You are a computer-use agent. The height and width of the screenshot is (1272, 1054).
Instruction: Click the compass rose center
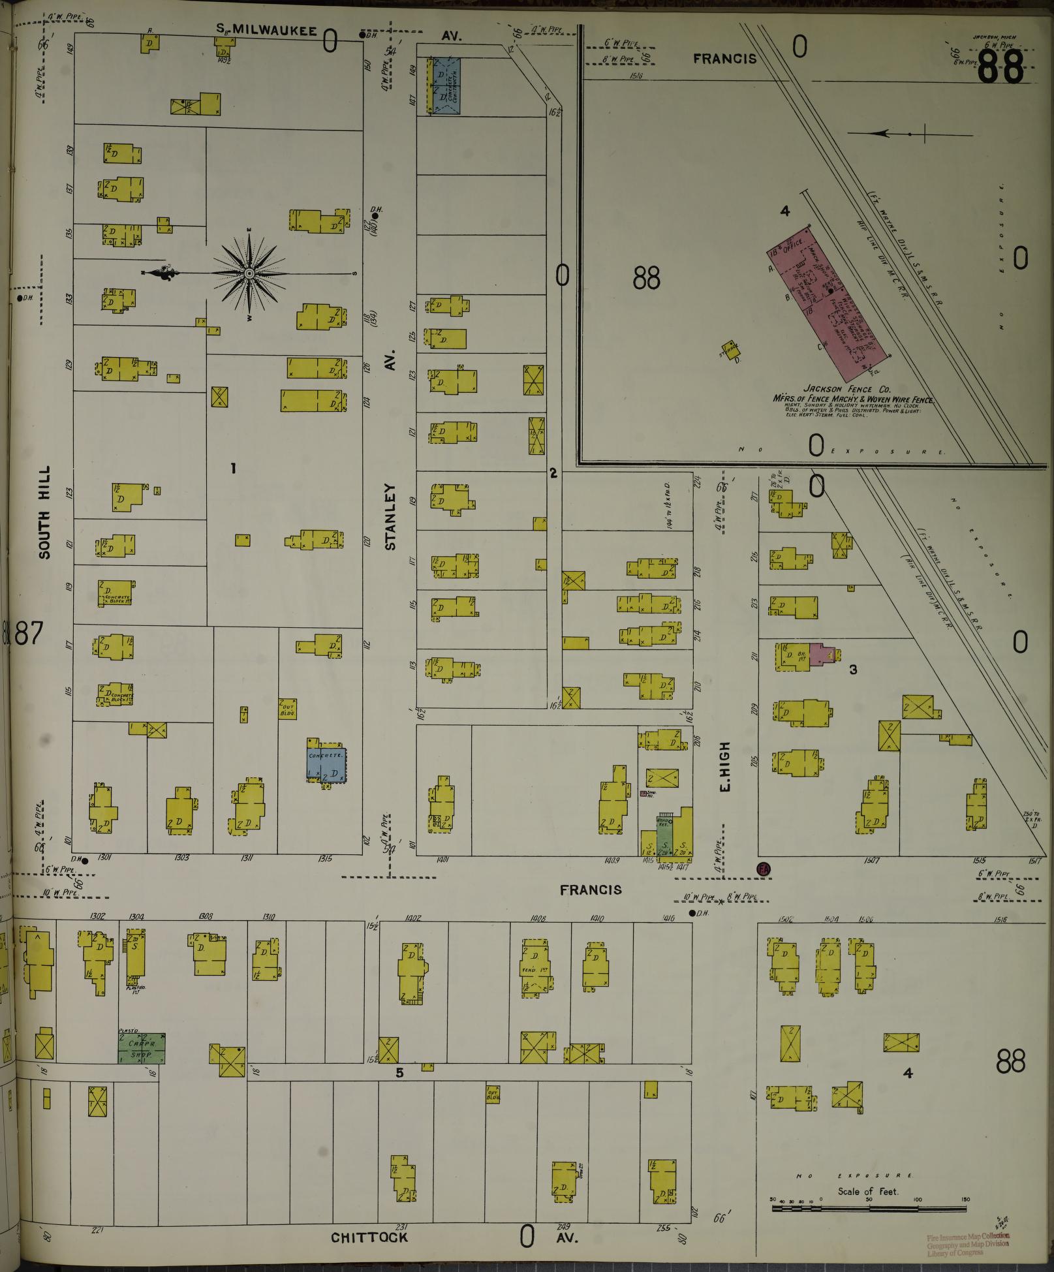[x=249, y=273]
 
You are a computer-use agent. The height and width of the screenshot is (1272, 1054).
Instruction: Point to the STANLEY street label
[x=391, y=516]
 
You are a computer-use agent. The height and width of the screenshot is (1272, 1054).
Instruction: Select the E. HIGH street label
[x=724, y=766]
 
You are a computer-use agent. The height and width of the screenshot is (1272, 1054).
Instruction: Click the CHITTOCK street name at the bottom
[x=369, y=1237]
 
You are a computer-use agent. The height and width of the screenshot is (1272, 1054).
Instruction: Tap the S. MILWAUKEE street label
[x=268, y=31]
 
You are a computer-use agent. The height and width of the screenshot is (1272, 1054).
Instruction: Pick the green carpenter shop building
[x=141, y=1047]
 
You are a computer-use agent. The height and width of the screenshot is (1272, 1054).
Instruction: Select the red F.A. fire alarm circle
[x=763, y=869]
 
